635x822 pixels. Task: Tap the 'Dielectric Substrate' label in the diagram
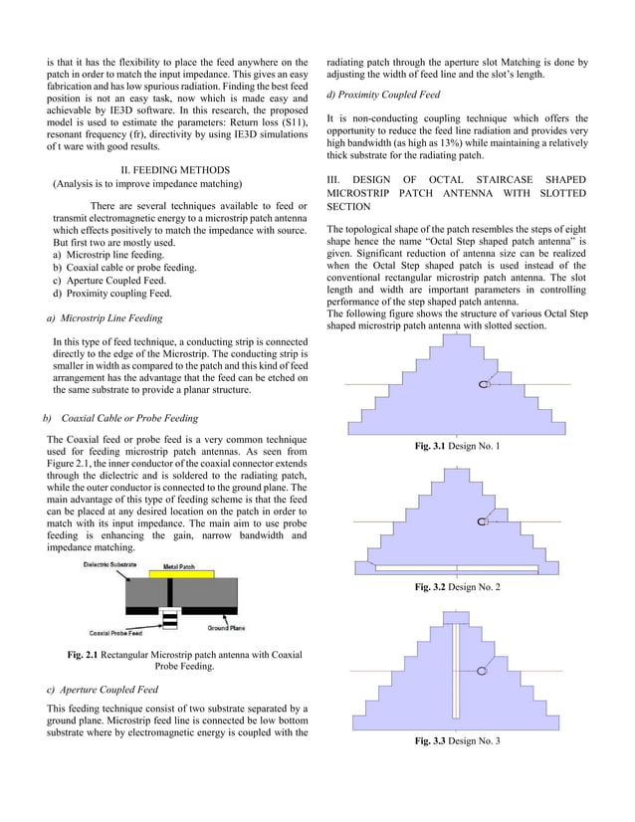point(109,564)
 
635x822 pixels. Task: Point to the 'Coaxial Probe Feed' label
point(115,633)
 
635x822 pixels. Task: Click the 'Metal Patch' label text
point(179,565)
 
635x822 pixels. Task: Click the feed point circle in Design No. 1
point(483,384)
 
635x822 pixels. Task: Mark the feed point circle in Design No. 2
point(483,521)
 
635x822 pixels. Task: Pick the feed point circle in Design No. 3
point(482,672)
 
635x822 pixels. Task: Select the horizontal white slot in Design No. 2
point(457,568)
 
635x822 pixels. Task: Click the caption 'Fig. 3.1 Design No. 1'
point(457,446)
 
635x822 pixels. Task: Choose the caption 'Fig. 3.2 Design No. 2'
point(457,588)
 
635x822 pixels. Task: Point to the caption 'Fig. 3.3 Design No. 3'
point(457,741)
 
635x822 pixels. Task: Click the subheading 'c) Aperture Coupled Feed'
point(103,689)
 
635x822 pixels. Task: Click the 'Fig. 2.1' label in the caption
point(82,654)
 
